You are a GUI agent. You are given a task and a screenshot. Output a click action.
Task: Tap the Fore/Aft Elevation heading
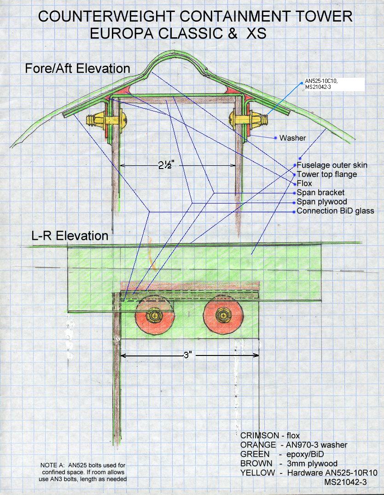pos(78,69)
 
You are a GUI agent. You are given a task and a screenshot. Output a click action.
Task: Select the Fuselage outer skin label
pos(332,165)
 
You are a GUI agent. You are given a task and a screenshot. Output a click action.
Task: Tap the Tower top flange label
pos(326,174)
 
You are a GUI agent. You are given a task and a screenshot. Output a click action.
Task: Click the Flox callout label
pos(304,183)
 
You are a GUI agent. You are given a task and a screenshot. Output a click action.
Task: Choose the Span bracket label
pos(320,192)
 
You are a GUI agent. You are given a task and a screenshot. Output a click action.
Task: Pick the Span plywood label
pos(322,202)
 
